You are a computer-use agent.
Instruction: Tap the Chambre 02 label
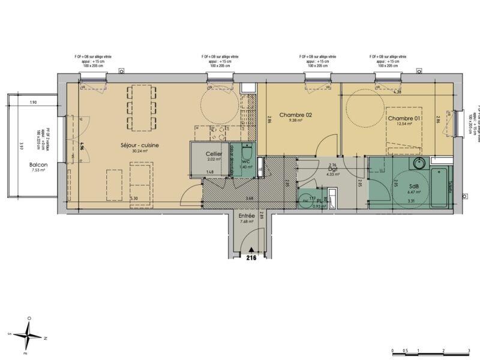296,115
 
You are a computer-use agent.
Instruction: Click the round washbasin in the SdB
419,164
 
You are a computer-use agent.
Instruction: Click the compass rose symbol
28,334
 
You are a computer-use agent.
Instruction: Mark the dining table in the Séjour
142,109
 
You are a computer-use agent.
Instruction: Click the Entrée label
247,215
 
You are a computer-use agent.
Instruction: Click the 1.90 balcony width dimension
34,103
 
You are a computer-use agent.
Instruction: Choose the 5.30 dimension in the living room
133,198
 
